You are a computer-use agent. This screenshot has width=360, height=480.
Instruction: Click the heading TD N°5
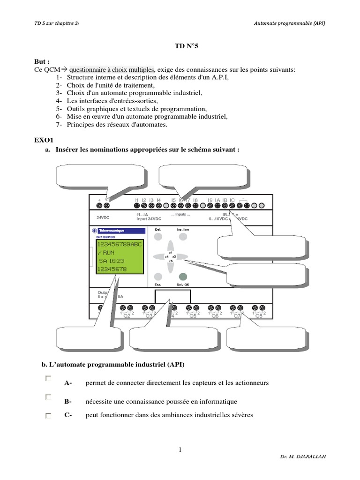click(x=180, y=47)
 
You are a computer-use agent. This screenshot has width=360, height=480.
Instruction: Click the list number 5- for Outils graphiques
click(x=59, y=109)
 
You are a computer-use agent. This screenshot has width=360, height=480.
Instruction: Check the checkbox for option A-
click(x=48, y=378)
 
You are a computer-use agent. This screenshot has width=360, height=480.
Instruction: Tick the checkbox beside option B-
click(x=48, y=397)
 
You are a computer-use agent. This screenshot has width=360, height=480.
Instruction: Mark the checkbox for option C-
click(x=48, y=415)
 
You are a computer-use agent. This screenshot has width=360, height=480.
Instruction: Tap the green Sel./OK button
click(x=183, y=277)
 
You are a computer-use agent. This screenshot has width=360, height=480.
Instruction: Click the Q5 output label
click(x=193, y=315)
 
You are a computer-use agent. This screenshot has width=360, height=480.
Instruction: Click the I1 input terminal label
click(x=136, y=200)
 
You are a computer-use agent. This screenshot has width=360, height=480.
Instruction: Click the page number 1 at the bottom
click(x=180, y=450)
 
